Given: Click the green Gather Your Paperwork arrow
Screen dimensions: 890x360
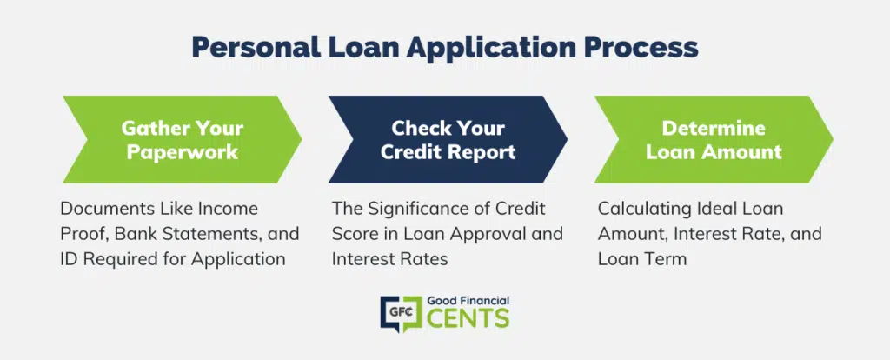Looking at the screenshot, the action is click(182, 140).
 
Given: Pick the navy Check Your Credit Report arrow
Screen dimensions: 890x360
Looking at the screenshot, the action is click(448, 140).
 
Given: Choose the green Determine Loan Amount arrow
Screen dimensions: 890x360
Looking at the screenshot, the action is click(714, 140).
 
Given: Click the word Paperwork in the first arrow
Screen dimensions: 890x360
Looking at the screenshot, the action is click(182, 152).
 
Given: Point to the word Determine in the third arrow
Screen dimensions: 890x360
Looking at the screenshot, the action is click(714, 128).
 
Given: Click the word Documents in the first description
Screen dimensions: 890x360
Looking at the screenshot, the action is click(101, 209).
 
